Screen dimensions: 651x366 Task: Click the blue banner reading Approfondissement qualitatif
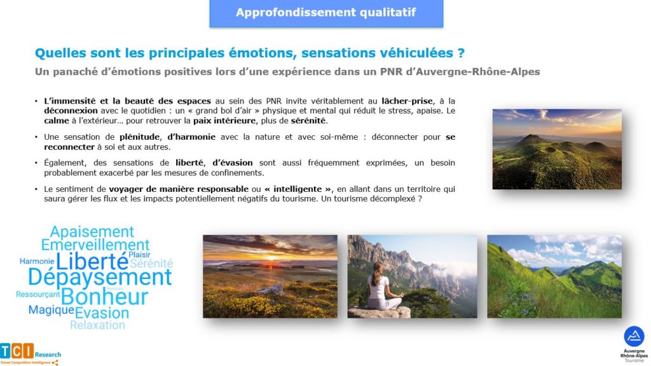[326, 13]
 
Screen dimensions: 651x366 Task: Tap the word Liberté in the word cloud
[92, 261]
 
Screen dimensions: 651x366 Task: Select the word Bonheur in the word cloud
[104, 297]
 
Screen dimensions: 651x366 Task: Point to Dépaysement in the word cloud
[100, 277]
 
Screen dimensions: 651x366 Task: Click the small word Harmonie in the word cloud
[37, 261]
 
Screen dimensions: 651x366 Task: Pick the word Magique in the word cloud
[51, 310]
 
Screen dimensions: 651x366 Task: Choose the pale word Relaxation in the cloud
[97, 325]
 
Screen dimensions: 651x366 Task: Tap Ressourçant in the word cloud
[38, 295]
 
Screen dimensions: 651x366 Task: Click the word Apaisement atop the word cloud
[92, 231]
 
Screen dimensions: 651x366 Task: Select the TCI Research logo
[31, 354]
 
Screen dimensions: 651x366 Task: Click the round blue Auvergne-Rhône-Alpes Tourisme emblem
[634, 337]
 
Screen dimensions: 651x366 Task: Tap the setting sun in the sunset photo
[271, 258]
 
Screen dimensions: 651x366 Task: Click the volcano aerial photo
[557, 149]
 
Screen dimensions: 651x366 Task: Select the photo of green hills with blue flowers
[554, 276]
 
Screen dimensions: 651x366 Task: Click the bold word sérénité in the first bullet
[308, 121]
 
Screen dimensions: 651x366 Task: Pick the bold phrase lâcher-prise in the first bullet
[408, 101]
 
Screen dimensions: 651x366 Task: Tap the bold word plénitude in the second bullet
[139, 137]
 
